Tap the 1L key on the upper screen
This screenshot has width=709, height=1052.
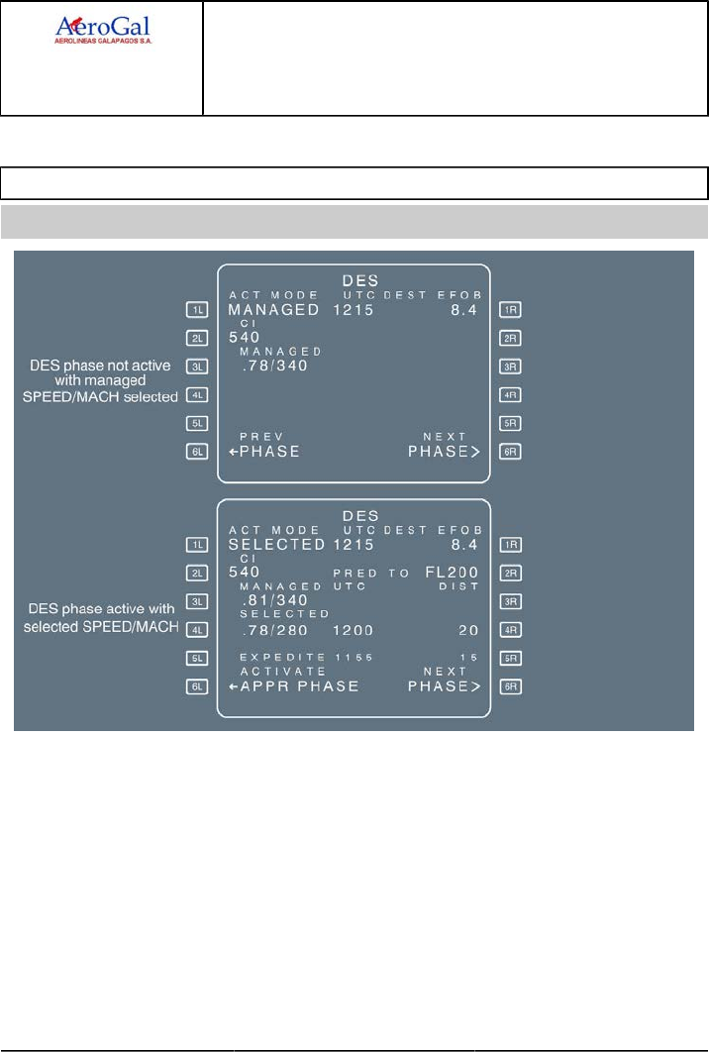[198, 310]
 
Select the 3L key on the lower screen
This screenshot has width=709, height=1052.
[198, 600]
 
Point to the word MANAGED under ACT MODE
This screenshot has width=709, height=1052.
[274, 310]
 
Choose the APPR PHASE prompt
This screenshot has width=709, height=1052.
[293, 685]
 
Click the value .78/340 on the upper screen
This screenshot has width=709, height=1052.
[274, 366]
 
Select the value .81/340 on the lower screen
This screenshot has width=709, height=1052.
[274, 600]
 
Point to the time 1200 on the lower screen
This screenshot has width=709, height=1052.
[352, 629]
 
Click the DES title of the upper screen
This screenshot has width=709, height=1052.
[354, 281]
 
